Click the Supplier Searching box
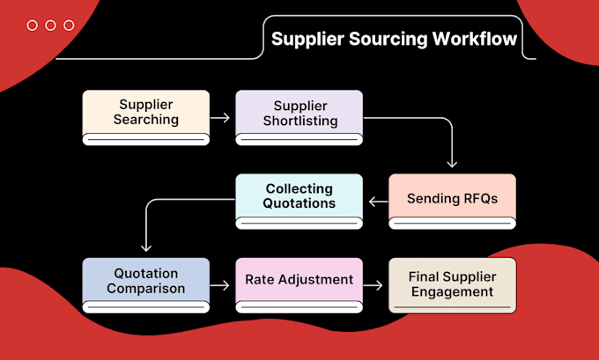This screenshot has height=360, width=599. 146,118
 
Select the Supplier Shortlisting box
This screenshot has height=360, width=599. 299,118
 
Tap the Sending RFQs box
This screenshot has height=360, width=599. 452,202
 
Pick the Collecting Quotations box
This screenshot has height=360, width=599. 299,202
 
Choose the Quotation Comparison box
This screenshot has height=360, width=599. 146,285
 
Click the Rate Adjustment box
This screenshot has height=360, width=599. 299,285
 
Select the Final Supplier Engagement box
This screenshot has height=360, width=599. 452,285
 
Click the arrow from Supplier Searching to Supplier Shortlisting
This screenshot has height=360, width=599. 220,118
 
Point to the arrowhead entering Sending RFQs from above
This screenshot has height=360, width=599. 452,165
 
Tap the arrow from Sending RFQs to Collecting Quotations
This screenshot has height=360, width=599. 378,202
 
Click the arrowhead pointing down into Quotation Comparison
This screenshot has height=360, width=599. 146,248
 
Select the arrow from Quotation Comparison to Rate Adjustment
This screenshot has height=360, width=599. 219,285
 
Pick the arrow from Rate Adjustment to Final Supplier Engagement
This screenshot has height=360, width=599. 373,285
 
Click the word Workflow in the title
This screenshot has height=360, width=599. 475,39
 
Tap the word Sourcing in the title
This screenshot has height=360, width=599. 388,40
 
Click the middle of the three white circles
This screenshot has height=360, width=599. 50,26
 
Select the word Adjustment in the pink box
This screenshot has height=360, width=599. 315,280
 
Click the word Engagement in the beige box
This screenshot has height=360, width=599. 452,292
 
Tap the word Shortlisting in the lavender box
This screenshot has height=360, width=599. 300,121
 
